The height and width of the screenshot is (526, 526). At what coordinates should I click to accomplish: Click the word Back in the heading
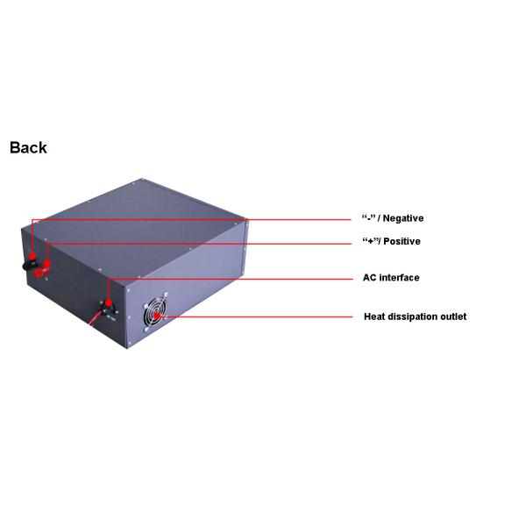(28, 147)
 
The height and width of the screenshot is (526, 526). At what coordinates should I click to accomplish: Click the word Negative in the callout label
(403, 218)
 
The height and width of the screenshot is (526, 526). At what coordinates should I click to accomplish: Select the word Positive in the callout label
(402, 241)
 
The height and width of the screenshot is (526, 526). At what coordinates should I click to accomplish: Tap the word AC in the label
(370, 278)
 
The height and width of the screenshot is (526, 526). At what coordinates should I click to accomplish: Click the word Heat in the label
(374, 316)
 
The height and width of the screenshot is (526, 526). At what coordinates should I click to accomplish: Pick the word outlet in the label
(454, 316)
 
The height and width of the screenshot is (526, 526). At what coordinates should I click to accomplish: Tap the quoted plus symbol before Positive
(368, 241)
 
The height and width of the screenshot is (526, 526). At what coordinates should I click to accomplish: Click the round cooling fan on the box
(155, 311)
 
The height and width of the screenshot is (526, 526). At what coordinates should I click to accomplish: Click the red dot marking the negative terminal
(32, 254)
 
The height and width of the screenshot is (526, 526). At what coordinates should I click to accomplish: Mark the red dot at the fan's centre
(156, 315)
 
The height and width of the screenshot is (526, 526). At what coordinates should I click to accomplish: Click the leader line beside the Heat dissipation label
(263, 316)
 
